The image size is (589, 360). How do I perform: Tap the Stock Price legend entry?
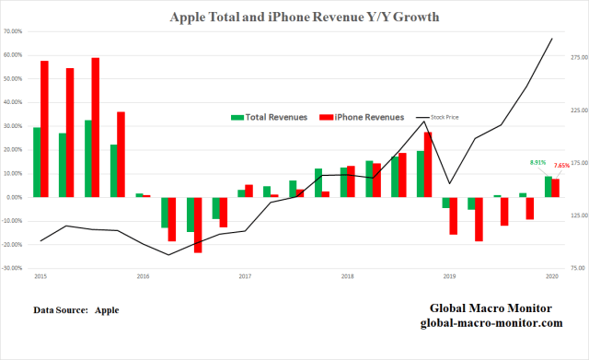tap(445, 118)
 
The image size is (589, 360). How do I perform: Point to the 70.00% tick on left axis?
tap(16, 31)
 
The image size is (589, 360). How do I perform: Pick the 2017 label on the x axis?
tap(245, 276)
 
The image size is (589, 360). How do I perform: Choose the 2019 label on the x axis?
tap(450, 276)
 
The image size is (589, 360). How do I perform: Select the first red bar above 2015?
tap(44, 129)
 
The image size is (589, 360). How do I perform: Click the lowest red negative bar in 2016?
tap(198, 224)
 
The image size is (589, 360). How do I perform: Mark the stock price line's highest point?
tap(551, 39)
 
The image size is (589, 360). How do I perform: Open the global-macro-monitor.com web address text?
tap(491, 323)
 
